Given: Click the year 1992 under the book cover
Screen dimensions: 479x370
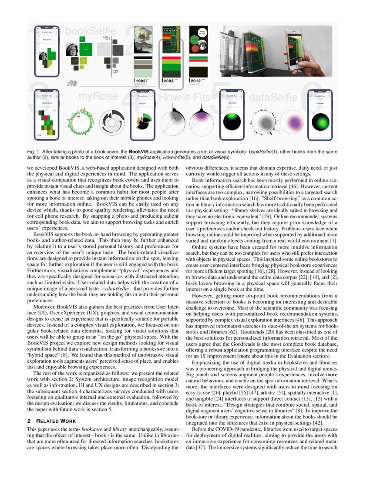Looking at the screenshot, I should [x=140, y=81].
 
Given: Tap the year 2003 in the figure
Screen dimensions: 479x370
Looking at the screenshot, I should [x=169, y=81].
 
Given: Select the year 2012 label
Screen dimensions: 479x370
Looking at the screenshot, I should [x=195, y=81].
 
